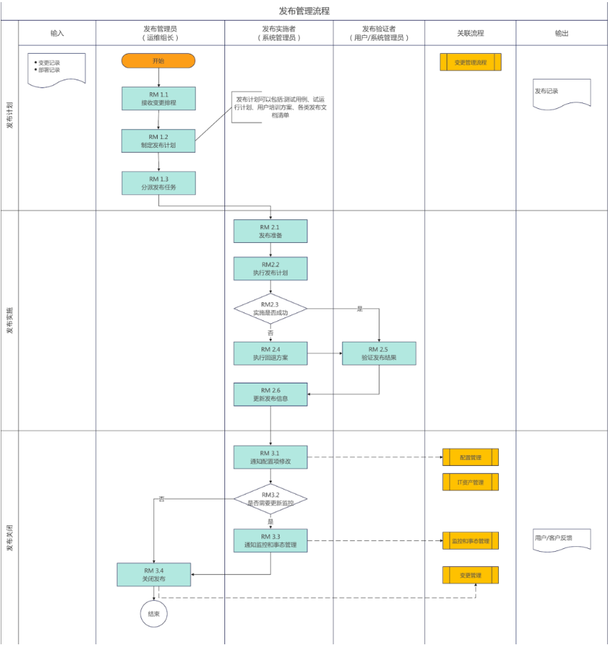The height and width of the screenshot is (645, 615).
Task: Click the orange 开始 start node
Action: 158,61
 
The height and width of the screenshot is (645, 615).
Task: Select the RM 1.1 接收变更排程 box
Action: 158,98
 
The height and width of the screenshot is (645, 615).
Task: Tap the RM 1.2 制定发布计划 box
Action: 158,140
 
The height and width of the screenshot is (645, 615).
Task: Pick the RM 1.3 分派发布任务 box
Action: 158,183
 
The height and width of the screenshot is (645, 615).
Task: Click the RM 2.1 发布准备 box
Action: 270,231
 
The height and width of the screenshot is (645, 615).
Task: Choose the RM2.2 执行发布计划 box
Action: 270,268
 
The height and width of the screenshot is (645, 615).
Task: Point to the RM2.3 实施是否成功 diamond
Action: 270,309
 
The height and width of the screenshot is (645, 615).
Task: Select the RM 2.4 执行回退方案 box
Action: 270,353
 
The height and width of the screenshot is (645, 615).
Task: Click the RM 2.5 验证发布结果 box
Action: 379,353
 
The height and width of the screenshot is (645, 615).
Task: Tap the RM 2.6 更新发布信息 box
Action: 270,394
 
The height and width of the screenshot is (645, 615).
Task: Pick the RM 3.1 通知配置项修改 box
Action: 270,457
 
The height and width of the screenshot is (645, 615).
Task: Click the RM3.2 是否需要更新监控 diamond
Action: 270,499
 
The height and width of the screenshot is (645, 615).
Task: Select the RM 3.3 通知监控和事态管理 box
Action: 270,540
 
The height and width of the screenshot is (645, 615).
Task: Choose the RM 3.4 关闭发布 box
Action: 154,574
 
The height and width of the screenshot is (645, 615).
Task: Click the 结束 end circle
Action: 153,614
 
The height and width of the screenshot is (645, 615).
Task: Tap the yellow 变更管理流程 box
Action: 470,62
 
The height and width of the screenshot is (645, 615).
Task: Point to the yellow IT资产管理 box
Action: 470,482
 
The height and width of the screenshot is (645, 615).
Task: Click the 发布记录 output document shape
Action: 561,93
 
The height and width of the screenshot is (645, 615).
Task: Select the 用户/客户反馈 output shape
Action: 560,540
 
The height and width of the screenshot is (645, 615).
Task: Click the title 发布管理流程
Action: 304,11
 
